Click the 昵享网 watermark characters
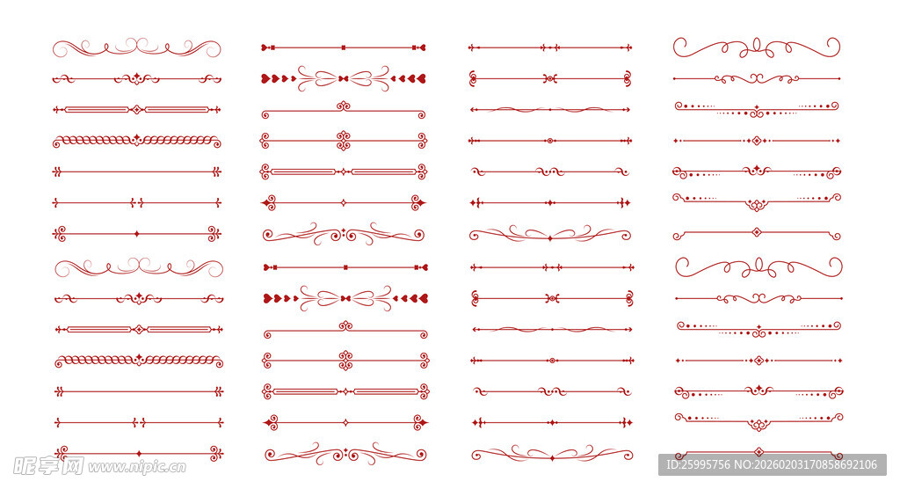pos(48,466)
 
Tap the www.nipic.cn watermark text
pos(137,467)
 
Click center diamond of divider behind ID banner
pos(758,452)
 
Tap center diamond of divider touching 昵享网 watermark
pos(139,453)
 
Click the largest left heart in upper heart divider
pos(265,79)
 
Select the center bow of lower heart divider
pos(345,298)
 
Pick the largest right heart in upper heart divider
pos(421,79)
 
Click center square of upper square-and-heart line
pos(344,47)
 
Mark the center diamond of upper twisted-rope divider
pos(136,140)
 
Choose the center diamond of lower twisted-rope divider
pos(139,361)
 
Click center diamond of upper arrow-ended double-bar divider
pos(136,109)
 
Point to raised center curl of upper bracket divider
pos(344,106)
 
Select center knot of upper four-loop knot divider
pos(344,140)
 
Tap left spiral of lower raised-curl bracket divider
pos(267,334)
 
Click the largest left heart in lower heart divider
pos(267,298)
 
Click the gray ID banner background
pos(773,464)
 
